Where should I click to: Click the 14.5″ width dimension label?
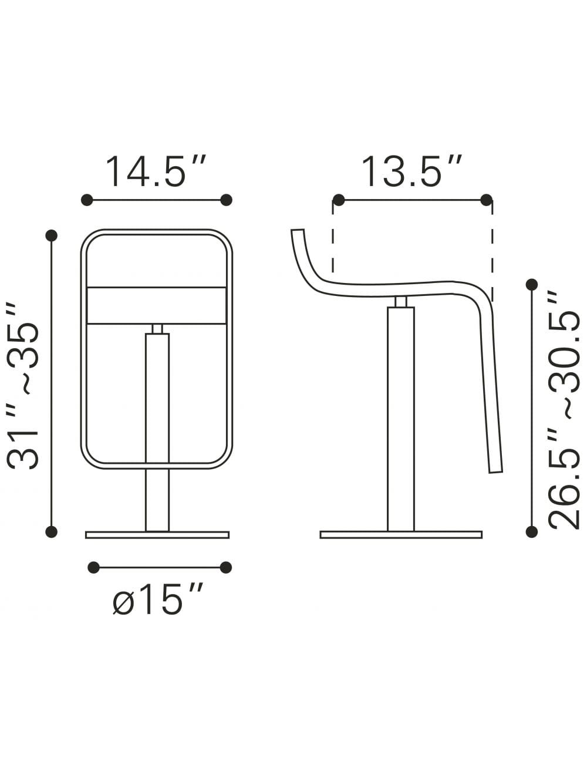coord(156,171)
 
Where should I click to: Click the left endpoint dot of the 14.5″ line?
coord(87,200)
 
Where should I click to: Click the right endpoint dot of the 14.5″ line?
coord(226,200)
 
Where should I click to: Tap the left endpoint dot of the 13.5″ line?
coord(338,200)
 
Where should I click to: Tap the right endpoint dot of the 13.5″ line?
coord(486,200)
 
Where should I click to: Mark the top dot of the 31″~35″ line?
coord(52,235)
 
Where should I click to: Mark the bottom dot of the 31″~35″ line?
coord(52,532)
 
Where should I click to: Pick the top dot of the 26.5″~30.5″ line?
coord(532,285)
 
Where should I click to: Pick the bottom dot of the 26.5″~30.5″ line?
coord(532,532)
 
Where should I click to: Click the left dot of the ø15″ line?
coord(93,567)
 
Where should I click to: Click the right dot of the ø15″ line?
coord(225,567)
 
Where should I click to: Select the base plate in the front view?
coord(157,535)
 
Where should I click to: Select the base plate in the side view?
coord(401,535)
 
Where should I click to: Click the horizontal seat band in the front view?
coord(157,305)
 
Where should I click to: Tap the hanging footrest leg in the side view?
coord(491,399)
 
